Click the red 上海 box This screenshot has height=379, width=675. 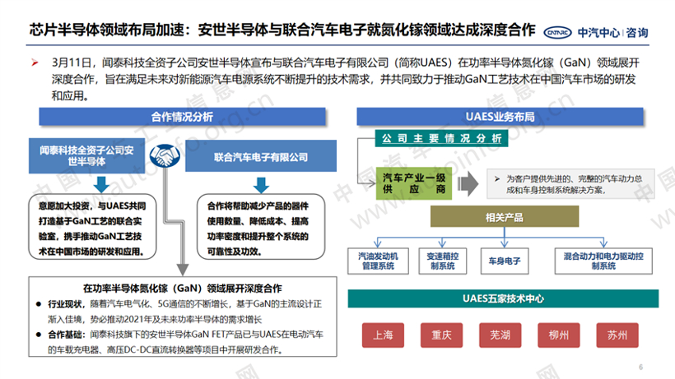point(383,335)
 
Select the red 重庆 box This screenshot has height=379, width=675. point(441,335)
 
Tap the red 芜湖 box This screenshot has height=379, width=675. point(500,335)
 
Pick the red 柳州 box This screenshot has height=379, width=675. point(558,335)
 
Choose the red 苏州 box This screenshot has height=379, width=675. point(617,335)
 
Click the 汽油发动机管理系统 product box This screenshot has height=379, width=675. point(376,261)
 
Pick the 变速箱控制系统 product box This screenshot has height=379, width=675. point(442,261)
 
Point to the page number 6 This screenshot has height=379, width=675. point(641,367)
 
